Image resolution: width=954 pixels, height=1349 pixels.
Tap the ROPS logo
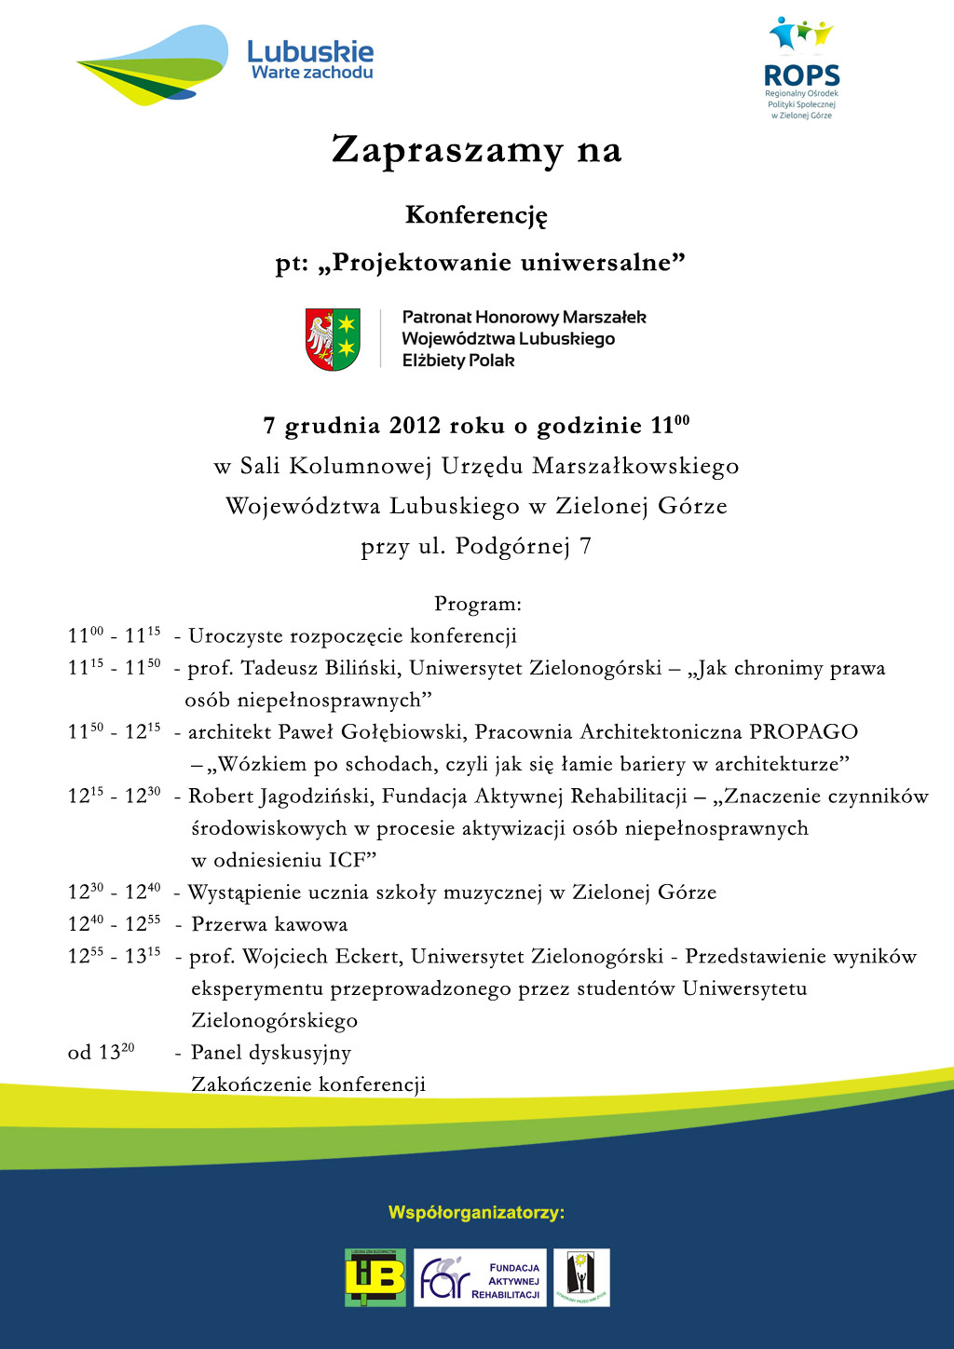801,67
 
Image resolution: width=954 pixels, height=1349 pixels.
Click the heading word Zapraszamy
447,150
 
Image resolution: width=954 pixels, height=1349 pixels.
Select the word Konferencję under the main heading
476,215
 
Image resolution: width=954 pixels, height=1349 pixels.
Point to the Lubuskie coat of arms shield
333,339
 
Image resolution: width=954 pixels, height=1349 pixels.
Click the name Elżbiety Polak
457,361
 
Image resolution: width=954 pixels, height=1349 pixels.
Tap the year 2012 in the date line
415,426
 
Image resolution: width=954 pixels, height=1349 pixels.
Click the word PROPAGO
803,732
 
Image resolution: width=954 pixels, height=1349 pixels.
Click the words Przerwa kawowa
269,924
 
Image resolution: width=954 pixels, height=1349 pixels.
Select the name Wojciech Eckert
321,957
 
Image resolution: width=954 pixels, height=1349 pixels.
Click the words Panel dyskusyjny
271,1053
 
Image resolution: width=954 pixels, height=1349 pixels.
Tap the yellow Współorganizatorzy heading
476,1213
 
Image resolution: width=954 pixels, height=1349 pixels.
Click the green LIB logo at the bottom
375,1277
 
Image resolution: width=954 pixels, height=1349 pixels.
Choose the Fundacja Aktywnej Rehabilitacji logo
480,1278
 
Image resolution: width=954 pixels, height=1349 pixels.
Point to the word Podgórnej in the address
512,547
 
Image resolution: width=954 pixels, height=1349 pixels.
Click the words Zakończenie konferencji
308,1084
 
